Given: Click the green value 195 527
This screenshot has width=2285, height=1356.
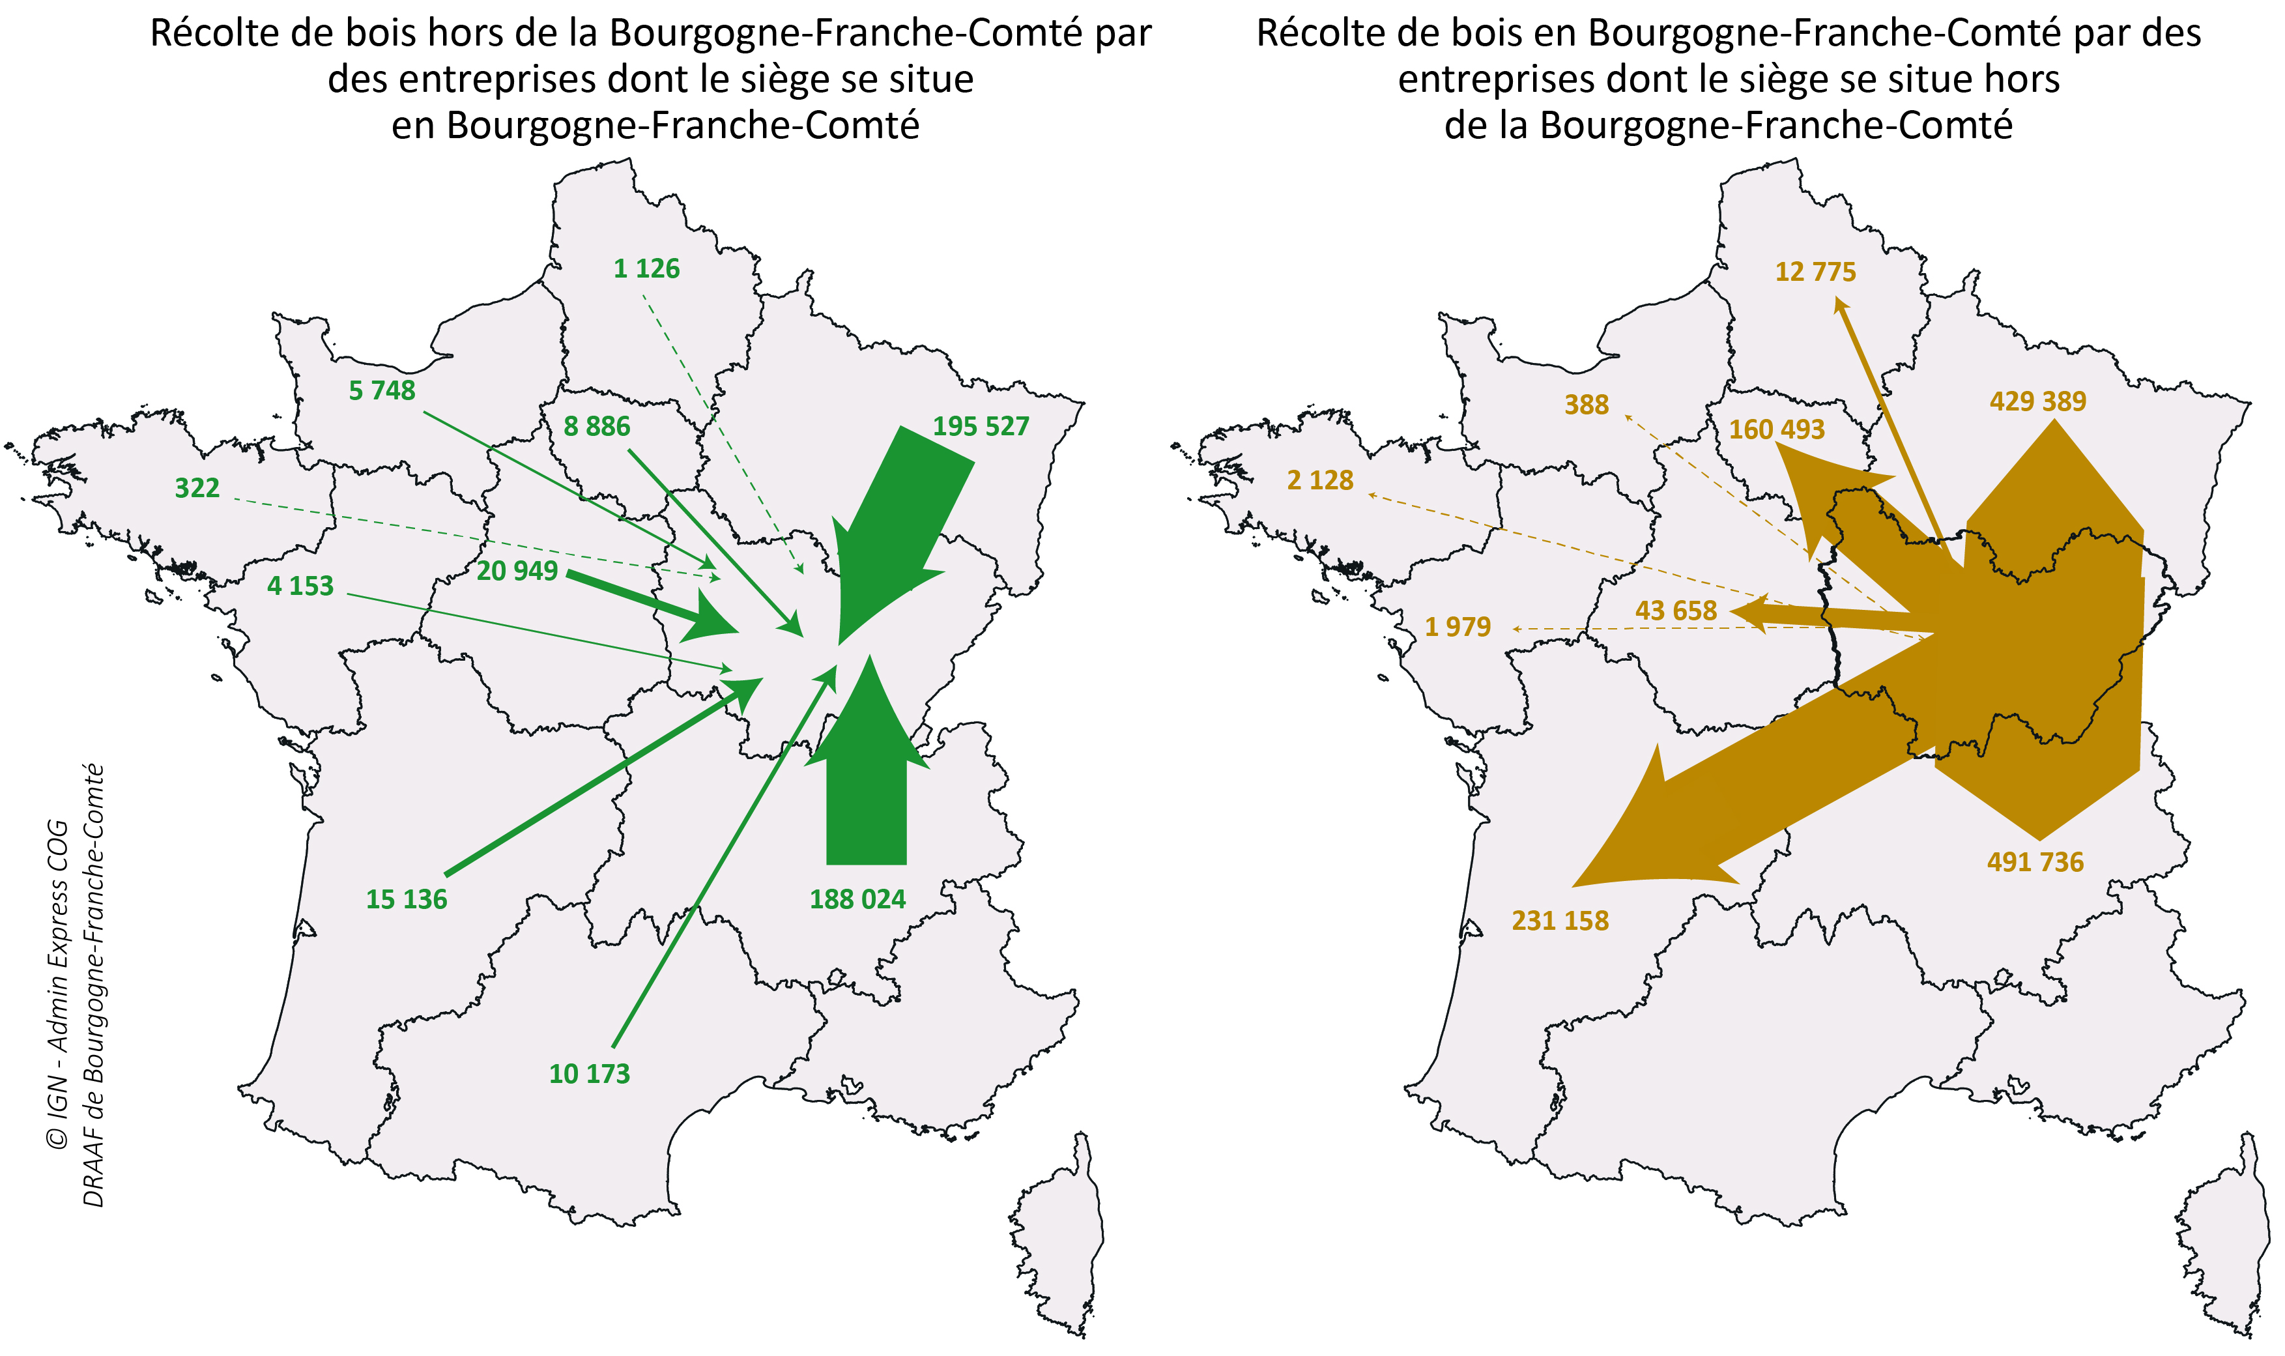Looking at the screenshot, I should (x=981, y=427).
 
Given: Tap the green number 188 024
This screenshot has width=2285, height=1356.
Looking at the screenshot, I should (x=857, y=899).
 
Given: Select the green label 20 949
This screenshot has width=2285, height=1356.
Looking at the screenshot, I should (x=517, y=571).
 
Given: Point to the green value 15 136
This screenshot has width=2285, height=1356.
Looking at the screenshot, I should (x=407, y=899).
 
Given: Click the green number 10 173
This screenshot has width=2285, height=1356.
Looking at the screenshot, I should (x=589, y=1074).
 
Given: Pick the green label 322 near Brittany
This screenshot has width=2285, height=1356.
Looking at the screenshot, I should (x=197, y=488).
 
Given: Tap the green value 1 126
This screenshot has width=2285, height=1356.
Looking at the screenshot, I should (x=647, y=268).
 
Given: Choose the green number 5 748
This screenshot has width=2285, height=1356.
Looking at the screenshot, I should (x=382, y=391).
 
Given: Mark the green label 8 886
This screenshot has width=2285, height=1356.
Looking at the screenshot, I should (x=597, y=427).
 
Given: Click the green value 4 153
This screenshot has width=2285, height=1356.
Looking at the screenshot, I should (x=300, y=586).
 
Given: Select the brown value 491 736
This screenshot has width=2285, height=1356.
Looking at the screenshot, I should (x=2035, y=861).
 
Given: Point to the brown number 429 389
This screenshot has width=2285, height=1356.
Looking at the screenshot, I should (x=2037, y=401).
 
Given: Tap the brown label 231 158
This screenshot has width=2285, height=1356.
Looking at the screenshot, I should (x=1560, y=920).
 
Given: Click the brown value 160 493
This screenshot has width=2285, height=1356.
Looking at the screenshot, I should (x=1776, y=429).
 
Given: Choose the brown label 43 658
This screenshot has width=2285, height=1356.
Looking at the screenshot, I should (x=1676, y=611).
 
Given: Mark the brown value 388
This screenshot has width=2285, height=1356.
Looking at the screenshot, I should (x=1586, y=405).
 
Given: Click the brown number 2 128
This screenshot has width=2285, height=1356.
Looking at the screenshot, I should (x=1320, y=481).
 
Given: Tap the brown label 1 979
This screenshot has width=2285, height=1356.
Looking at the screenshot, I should (x=1458, y=627).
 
